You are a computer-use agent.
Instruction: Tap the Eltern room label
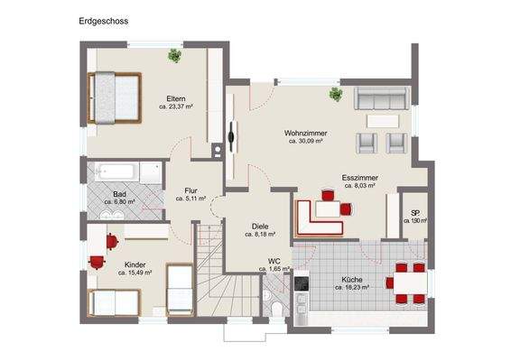point(176,98)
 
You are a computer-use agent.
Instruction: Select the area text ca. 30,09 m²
point(306,142)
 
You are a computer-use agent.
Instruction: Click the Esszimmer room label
point(358,177)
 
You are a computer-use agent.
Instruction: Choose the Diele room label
point(260,226)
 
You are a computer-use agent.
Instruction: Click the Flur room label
point(190,190)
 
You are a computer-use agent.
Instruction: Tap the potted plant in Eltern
point(174,57)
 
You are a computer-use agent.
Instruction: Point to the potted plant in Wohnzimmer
point(335,93)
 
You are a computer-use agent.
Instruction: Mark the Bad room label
point(119,194)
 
